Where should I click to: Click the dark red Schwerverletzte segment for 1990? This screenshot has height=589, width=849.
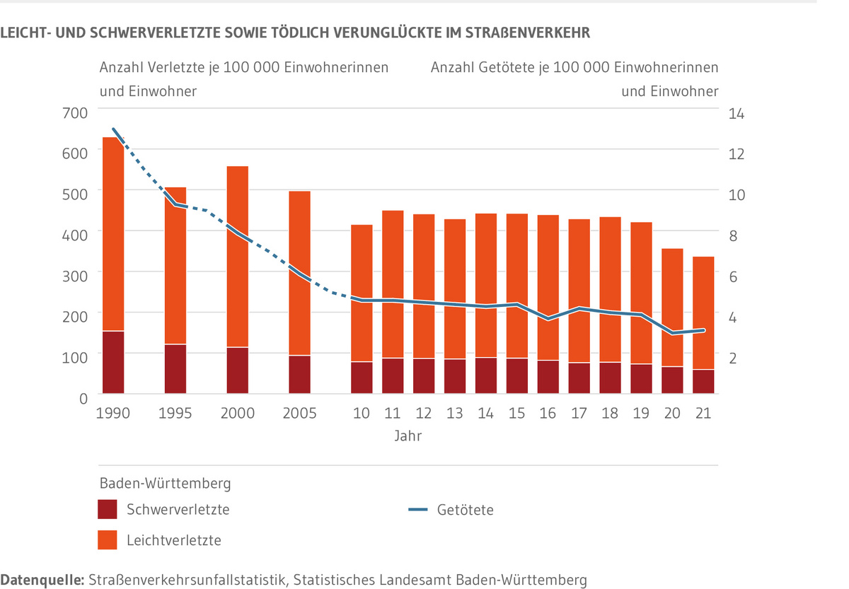[113, 361]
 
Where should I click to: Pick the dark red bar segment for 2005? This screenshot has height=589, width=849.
[300, 374]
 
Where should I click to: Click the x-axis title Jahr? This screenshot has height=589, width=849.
[408, 436]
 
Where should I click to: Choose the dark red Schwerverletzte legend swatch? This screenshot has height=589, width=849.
[107, 509]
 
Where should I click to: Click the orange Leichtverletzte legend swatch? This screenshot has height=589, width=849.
[107, 540]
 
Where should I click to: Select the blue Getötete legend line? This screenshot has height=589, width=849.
[418, 509]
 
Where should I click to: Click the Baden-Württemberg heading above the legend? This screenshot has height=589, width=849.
[165, 484]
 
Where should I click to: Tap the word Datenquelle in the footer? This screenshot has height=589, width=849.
[42, 580]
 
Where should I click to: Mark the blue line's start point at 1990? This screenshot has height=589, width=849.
[113, 129]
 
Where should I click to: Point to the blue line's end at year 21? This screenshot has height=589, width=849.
[703, 330]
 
